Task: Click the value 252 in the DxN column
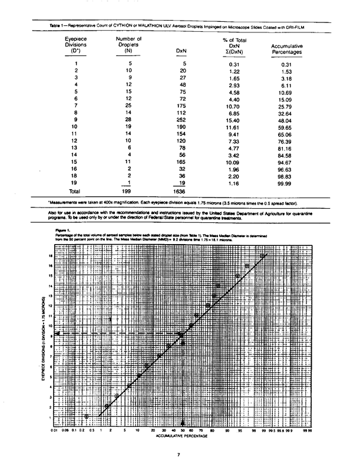click(181, 119)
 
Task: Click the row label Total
click(74, 192)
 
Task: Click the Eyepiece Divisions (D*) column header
click(74, 44)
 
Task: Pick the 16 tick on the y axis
click(51, 266)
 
